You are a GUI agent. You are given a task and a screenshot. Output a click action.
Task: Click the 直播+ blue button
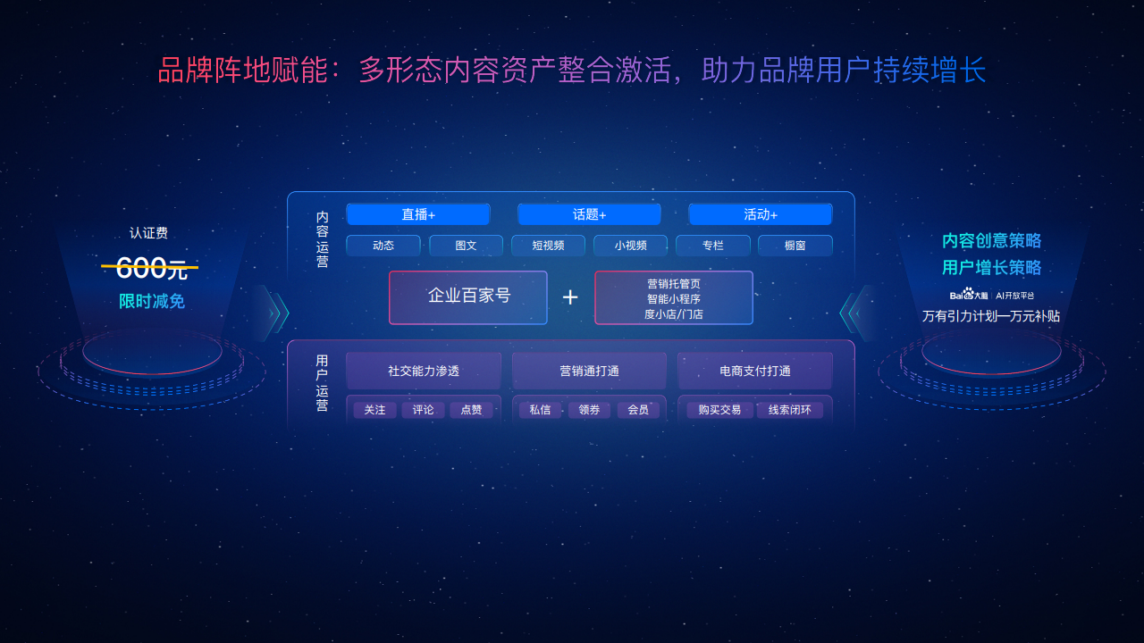(418, 214)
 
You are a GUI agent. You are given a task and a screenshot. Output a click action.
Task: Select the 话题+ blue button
(589, 214)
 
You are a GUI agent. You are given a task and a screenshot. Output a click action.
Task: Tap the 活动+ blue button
(761, 214)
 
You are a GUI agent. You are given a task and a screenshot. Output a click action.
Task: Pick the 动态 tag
(383, 246)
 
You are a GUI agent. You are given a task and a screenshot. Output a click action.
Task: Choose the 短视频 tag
(548, 246)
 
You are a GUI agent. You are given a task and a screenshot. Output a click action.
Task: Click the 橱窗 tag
(795, 246)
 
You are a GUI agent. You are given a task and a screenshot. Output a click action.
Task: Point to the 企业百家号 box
(468, 297)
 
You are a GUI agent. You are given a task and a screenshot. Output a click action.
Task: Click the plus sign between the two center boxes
(570, 297)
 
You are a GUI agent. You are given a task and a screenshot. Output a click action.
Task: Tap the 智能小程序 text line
(674, 298)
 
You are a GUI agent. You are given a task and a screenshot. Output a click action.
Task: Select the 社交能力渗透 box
(424, 371)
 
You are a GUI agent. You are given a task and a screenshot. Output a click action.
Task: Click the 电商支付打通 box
(755, 371)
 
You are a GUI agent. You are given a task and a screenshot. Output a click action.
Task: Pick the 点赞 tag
(471, 410)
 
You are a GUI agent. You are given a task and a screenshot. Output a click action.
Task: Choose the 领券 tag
(589, 410)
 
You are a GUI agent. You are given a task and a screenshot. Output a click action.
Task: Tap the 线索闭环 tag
(789, 410)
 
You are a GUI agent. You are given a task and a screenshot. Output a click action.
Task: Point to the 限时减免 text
(152, 301)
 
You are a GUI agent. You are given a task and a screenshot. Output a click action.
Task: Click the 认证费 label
(148, 233)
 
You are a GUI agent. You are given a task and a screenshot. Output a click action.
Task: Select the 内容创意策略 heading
(991, 240)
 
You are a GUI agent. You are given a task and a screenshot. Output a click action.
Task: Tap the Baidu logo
(968, 295)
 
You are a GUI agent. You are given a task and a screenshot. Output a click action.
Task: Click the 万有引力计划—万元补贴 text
(991, 316)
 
